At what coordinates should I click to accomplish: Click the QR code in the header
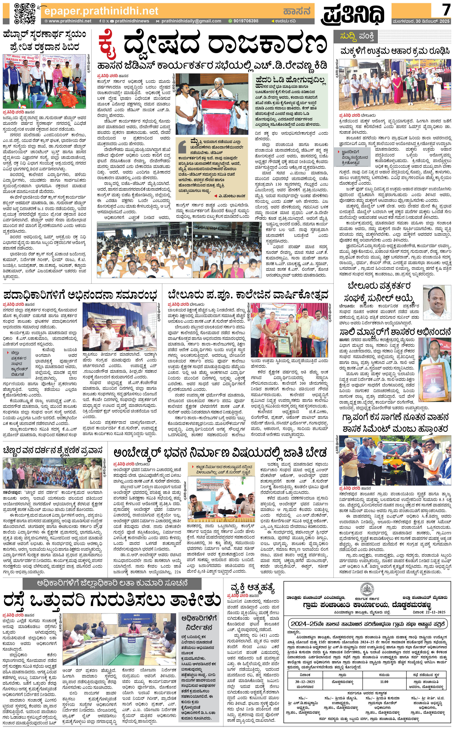(25, 14)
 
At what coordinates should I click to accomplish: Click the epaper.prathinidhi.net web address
(101, 11)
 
